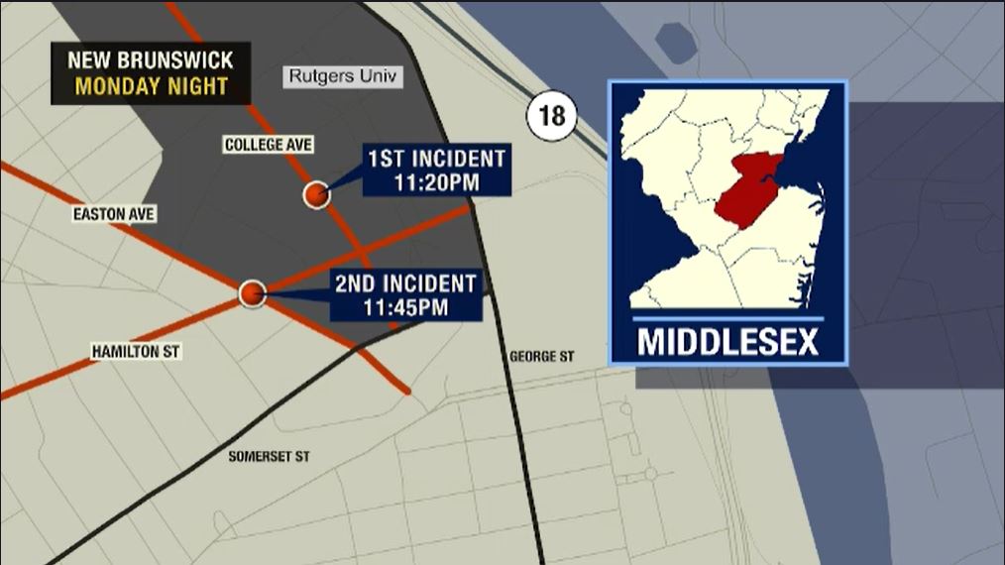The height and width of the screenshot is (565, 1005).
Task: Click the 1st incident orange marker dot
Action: (316, 195)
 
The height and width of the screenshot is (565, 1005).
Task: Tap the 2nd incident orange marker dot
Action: (253, 293)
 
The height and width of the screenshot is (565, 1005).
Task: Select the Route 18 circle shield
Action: (551, 116)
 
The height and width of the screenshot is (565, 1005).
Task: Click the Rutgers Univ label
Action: (344, 77)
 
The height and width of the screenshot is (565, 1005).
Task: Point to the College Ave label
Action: (269, 145)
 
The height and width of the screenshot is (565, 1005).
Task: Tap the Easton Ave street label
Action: (114, 214)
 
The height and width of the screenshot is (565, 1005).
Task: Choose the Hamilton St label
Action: (136, 351)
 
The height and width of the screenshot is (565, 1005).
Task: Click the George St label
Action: (541, 356)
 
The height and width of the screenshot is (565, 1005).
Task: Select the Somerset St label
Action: (270, 457)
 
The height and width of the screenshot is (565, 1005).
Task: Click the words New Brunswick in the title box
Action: (151, 59)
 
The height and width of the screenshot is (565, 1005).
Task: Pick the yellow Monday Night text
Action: (151, 86)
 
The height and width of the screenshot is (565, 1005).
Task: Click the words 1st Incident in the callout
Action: (436, 158)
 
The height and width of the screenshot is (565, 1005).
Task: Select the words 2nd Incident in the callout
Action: (404, 283)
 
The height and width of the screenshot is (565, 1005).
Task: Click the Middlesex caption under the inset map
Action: (727, 342)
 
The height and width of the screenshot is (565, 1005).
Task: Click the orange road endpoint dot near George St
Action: (407, 392)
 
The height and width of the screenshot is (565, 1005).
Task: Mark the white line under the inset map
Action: (727, 318)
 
